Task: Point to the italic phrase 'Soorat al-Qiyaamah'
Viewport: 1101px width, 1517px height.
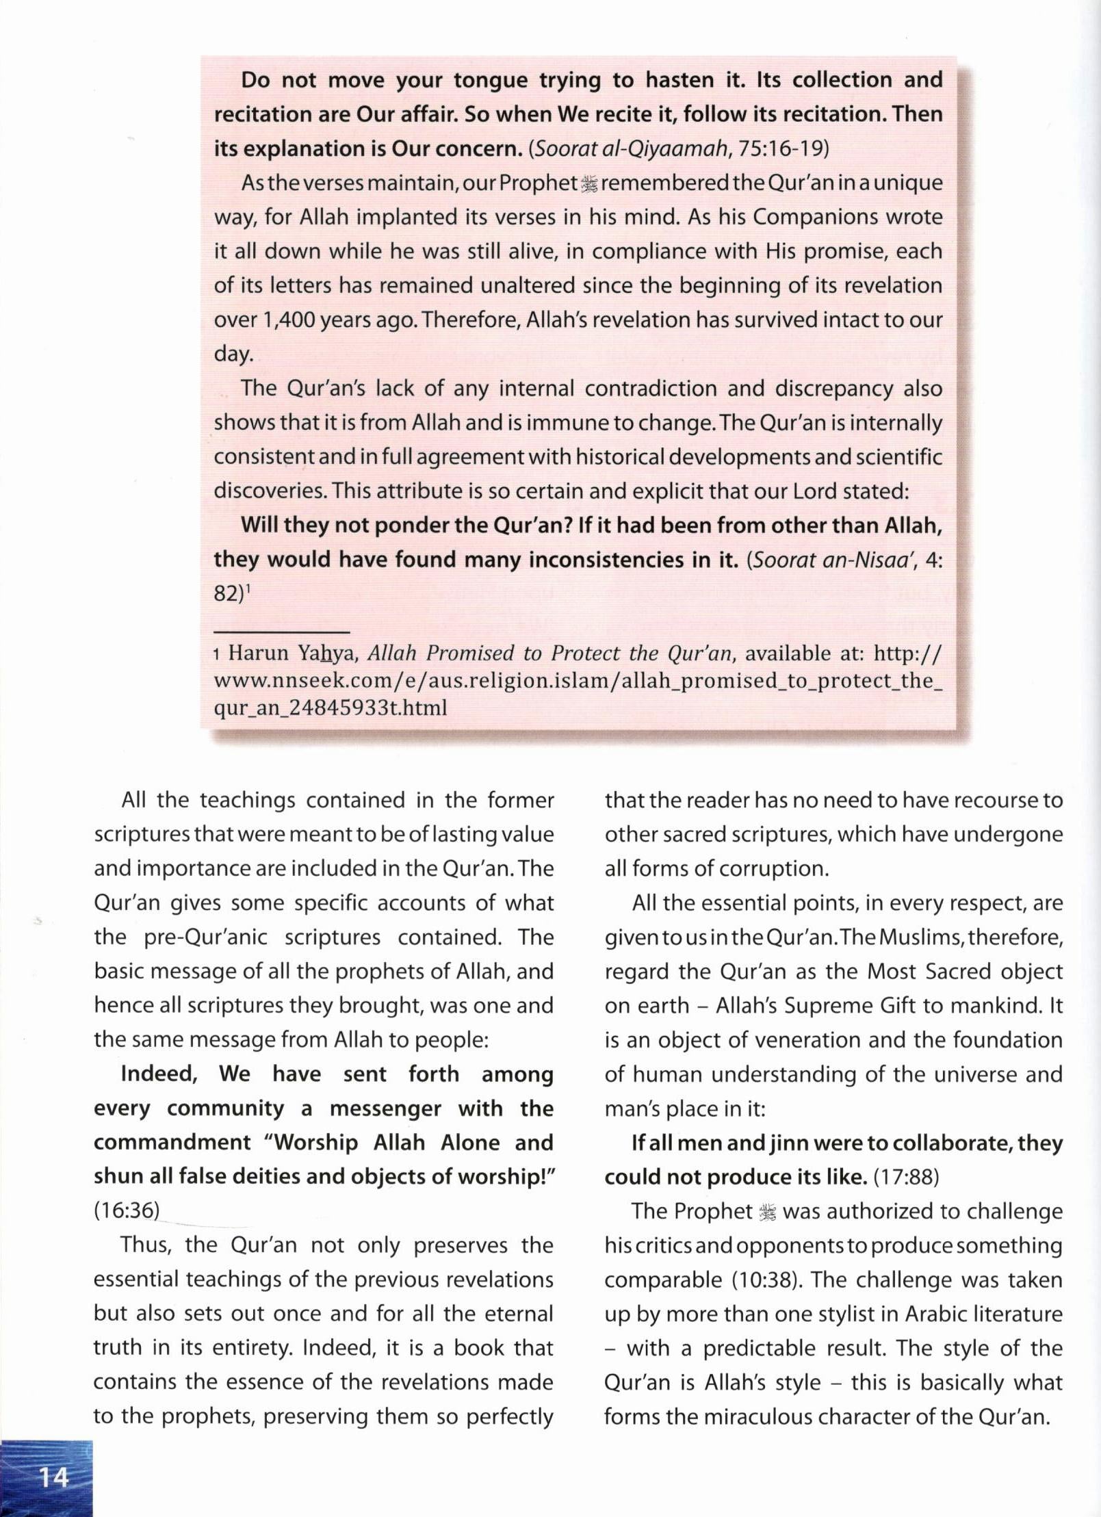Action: pyautogui.click(x=628, y=149)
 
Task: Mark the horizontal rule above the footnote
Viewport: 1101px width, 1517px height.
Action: pyautogui.click(x=281, y=632)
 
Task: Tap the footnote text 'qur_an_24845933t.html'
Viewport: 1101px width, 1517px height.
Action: pyautogui.click(x=331, y=707)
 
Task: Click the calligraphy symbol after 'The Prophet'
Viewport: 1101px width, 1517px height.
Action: pyautogui.click(x=768, y=1212)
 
